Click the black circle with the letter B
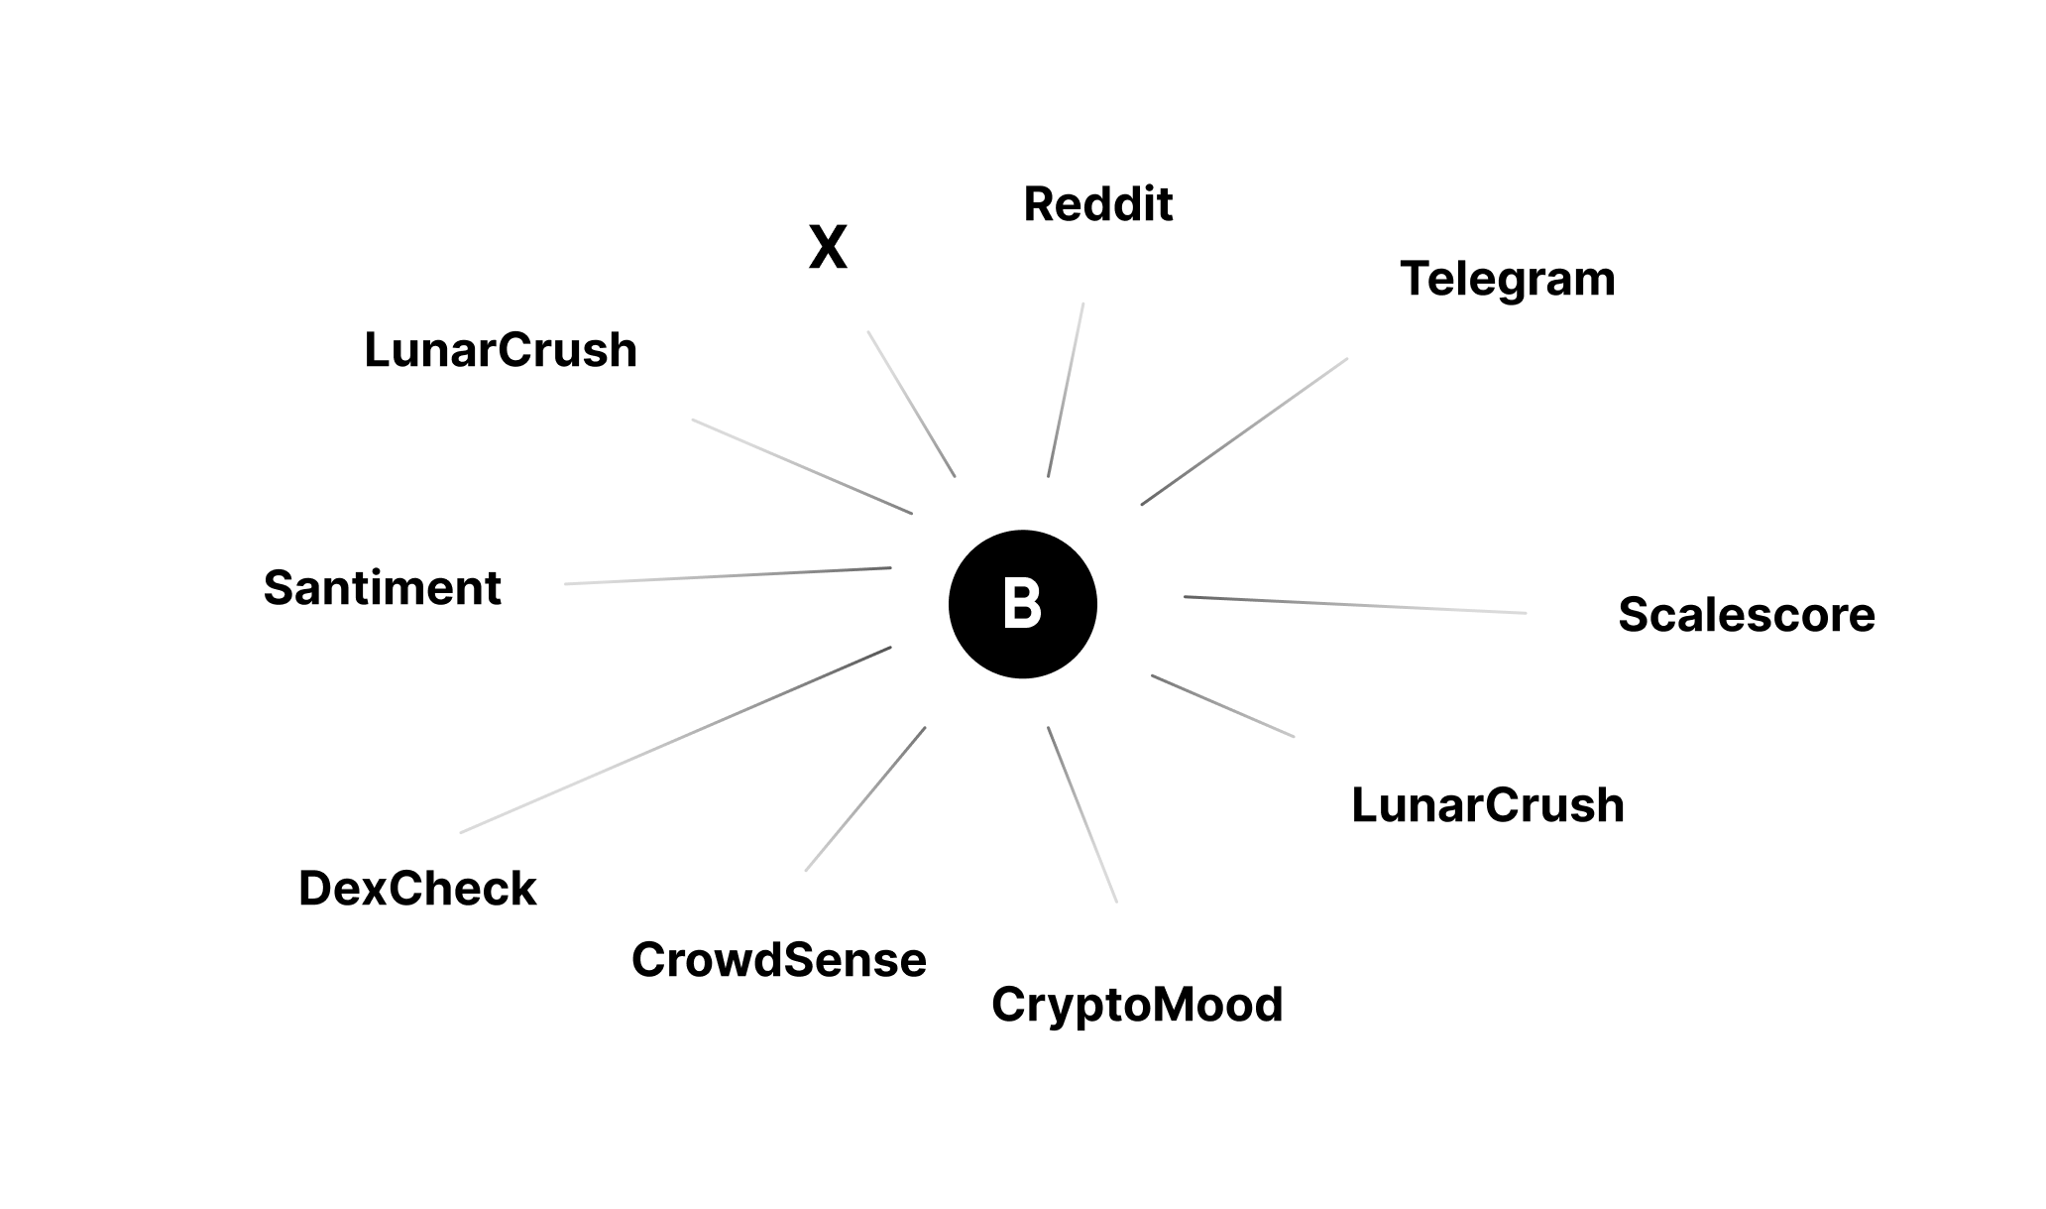pyautogui.click(x=1022, y=604)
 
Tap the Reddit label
pyautogui.click(x=1097, y=204)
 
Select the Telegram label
pyautogui.click(x=1507, y=279)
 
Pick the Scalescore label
pyautogui.click(x=1746, y=615)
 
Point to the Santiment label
pyautogui.click(x=382, y=588)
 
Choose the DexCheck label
pyautogui.click(x=417, y=889)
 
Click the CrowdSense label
pyautogui.click(x=779, y=960)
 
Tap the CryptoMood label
pyautogui.click(x=1137, y=1005)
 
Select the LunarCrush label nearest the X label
pyautogui.click(x=501, y=350)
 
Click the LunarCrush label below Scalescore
pyautogui.click(x=1487, y=805)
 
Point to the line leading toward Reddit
pyautogui.click(x=1066, y=390)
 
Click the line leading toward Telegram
pyautogui.click(x=1244, y=431)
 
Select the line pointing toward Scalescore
pyautogui.click(x=1355, y=605)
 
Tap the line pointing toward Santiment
pyautogui.click(x=728, y=576)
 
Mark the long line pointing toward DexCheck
pyautogui.click(x=676, y=740)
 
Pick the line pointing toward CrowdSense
pyautogui.click(x=865, y=799)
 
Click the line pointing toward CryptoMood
pyautogui.click(x=1082, y=814)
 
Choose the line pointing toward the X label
pyautogui.click(x=912, y=404)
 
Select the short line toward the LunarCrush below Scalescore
pyautogui.click(x=1222, y=706)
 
